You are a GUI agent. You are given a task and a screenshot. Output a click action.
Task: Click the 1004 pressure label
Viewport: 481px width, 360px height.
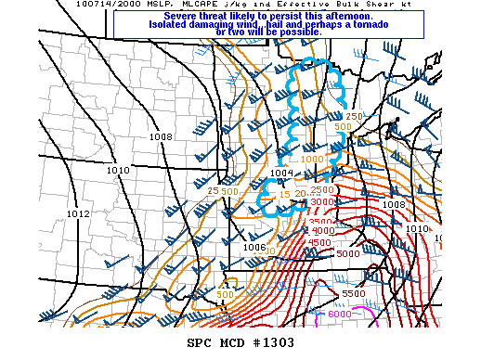[x=281, y=173]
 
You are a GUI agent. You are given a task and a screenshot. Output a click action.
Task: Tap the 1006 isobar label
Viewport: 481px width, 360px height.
[x=228, y=247]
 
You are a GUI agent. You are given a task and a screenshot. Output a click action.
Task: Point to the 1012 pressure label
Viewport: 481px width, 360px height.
[x=78, y=214]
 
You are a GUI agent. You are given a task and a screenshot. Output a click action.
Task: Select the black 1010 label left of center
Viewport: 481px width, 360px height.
[x=118, y=171]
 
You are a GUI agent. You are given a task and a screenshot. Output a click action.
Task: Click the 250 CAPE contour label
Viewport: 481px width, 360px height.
[x=354, y=117]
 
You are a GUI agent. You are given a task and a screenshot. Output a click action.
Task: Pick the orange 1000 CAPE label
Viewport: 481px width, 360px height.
[x=313, y=160]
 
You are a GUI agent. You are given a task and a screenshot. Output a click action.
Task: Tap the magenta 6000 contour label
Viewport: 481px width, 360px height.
[x=340, y=315]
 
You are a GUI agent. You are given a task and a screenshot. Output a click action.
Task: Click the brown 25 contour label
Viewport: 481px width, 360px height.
[x=213, y=191]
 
